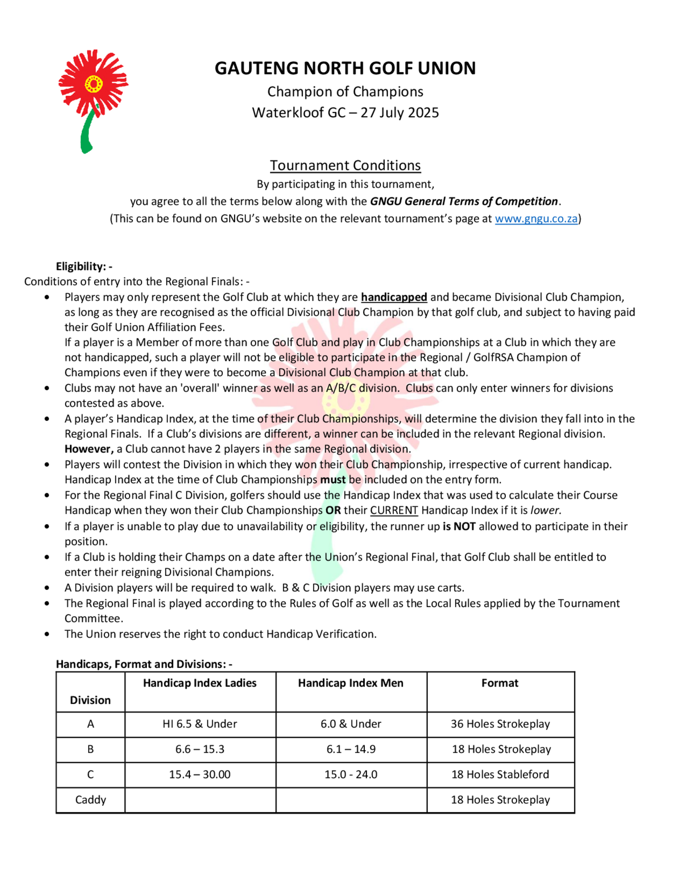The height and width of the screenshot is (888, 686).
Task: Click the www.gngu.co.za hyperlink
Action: click(x=536, y=219)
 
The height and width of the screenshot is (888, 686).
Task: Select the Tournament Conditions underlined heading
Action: click(x=345, y=165)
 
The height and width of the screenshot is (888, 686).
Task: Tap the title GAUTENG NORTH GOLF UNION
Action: click(x=345, y=68)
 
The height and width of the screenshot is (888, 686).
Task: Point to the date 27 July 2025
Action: click(x=400, y=113)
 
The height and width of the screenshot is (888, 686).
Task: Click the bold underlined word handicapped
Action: click(x=394, y=297)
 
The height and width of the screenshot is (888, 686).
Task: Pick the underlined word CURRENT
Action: click(x=394, y=510)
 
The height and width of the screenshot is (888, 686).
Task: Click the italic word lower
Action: click(x=545, y=510)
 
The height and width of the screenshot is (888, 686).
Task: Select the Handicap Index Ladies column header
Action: click(x=200, y=683)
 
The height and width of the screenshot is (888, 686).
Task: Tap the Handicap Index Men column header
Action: click(x=351, y=683)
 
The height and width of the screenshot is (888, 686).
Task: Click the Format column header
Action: click(x=500, y=683)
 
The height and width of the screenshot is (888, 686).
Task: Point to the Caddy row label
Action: click(x=91, y=800)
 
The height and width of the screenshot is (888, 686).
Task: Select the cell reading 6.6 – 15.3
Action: click(x=200, y=749)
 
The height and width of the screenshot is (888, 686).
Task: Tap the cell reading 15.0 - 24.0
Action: click(x=351, y=774)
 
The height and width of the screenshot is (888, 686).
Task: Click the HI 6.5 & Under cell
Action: click(x=200, y=724)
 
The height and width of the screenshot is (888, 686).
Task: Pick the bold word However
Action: click(x=88, y=449)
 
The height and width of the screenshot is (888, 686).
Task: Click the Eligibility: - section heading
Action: click(x=84, y=267)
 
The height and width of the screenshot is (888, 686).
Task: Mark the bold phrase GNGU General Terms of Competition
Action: click(x=464, y=202)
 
